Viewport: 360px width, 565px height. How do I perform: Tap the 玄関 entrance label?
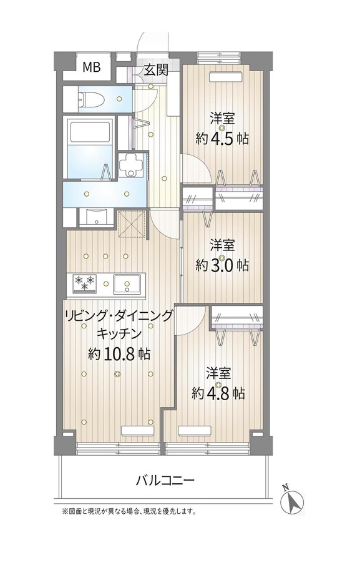click(156, 69)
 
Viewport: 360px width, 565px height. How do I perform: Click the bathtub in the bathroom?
click(90, 132)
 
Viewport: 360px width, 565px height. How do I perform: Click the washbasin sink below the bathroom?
click(96, 218)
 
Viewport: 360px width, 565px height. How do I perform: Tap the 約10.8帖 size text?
click(119, 354)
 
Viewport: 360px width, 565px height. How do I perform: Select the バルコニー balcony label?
click(165, 481)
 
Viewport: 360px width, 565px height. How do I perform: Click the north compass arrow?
click(293, 499)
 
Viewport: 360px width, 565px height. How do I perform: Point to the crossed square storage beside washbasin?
click(132, 224)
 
